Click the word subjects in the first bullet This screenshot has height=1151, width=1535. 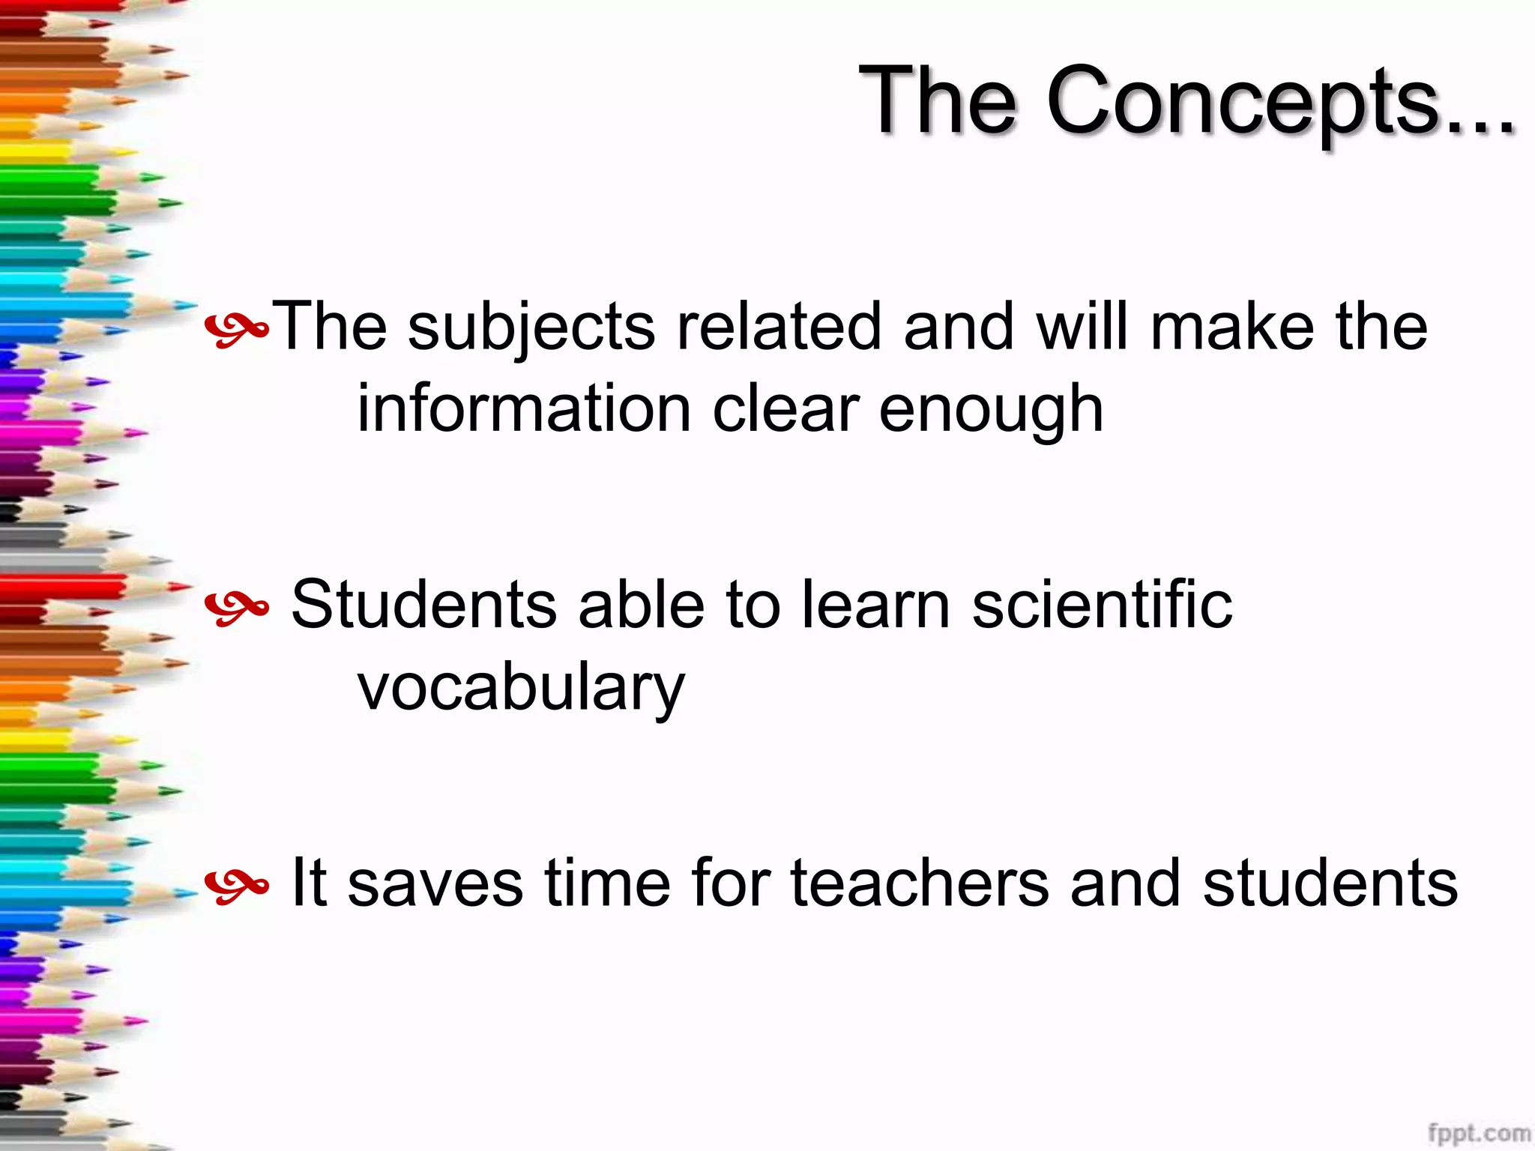pyautogui.click(x=531, y=327)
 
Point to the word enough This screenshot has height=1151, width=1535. pyautogui.click(x=991, y=411)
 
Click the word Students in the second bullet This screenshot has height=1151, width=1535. pyautogui.click(x=423, y=605)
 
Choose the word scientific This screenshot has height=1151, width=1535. pyautogui.click(x=1102, y=605)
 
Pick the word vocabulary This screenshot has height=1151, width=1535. pyautogui.click(x=521, y=688)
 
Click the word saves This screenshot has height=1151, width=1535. pyautogui.click(x=435, y=883)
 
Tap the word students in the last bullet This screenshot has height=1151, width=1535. pyautogui.click(x=1330, y=883)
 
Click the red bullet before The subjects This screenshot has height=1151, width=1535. pyautogui.click(x=236, y=330)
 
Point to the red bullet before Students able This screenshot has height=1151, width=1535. pyautogui.click(x=236, y=607)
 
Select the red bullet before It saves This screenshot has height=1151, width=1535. pyautogui.click(x=236, y=886)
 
